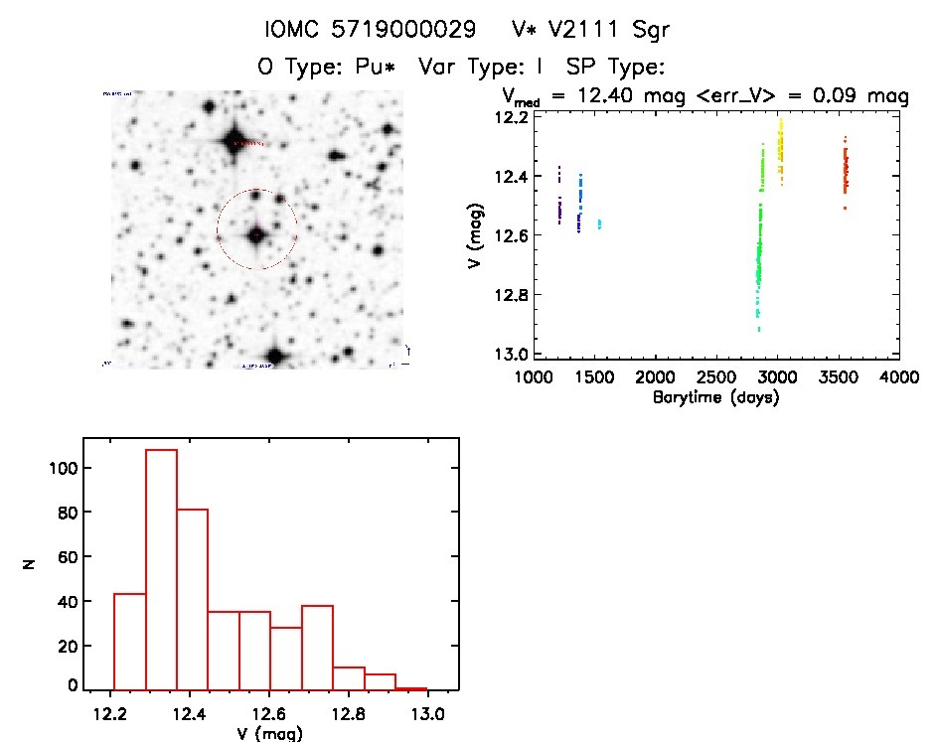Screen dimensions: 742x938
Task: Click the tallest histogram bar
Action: coord(161,569)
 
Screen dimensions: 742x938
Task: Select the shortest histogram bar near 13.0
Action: coord(410,687)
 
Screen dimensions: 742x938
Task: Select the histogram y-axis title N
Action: coord(30,565)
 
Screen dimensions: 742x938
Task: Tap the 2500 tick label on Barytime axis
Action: coord(715,378)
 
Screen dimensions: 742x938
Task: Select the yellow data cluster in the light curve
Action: coord(780,149)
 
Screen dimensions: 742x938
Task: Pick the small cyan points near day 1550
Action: coord(599,224)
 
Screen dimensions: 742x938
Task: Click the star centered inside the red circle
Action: coord(256,235)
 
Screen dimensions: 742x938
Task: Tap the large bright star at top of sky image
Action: coord(235,139)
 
